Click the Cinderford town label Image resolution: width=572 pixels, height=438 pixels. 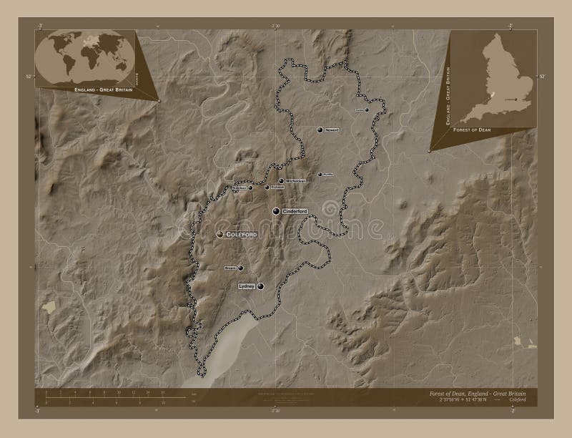tap(295, 211)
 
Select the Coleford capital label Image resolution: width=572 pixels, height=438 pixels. tap(242, 235)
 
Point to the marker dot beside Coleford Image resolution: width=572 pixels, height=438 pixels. tap(220, 235)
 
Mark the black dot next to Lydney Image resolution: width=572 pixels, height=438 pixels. tap(261, 286)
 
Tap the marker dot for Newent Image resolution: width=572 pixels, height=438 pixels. tap(320, 130)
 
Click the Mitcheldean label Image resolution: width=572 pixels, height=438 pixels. tap(295, 181)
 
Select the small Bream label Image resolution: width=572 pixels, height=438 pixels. tap(230, 268)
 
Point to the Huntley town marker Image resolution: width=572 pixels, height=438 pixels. tap(320, 174)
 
